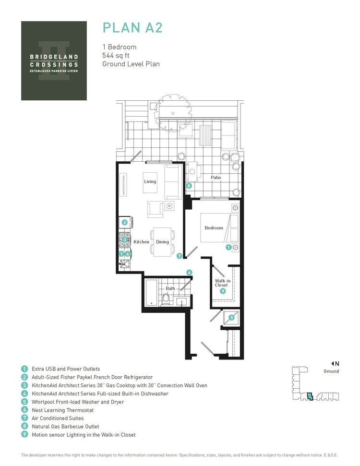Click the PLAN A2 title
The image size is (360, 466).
click(132, 27)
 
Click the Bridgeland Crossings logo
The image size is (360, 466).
click(54, 60)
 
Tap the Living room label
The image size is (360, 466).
click(150, 181)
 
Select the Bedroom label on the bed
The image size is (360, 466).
click(214, 228)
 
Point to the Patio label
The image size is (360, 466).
click(216, 178)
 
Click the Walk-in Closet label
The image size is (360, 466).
click(221, 283)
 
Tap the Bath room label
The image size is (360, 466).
click(170, 289)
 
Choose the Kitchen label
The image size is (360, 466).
click(142, 242)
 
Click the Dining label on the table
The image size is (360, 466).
click(162, 242)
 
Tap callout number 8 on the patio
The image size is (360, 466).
click(189, 186)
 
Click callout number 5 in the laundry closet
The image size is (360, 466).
click(231, 317)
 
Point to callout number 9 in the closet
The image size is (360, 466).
click(222, 291)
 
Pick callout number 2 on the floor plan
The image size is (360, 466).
click(124, 222)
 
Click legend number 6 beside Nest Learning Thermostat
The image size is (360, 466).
click(24, 410)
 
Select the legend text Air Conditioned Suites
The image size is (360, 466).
click(58, 418)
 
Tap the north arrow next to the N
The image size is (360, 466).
click(332, 363)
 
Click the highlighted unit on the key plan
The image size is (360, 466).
click(310, 396)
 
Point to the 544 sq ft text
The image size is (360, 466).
click(115, 55)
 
